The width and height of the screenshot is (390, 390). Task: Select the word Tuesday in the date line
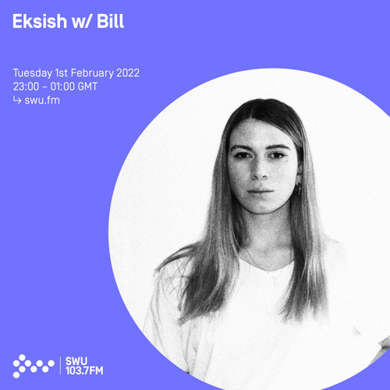(x=34, y=74)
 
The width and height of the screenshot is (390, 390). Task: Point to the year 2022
(x=129, y=74)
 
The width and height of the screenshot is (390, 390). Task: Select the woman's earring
(x=298, y=190)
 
